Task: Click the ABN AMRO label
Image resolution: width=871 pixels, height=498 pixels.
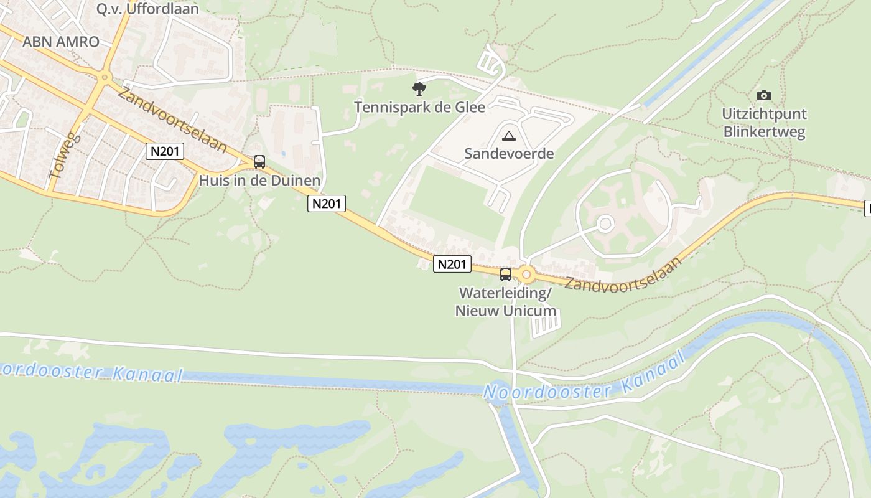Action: tap(61, 42)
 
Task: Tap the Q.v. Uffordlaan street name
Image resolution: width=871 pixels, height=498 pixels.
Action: tap(148, 9)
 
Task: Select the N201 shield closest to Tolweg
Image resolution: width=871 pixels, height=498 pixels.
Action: tap(165, 151)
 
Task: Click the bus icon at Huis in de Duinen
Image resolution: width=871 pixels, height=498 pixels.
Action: tap(259, 162)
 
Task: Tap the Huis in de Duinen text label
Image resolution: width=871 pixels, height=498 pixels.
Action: tap(259, 181)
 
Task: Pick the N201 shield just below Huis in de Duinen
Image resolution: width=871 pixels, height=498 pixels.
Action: tap(326, 203)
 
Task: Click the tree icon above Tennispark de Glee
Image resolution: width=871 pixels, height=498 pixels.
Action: tap(419, 89)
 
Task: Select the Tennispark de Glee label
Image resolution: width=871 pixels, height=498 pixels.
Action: tap(419, 107)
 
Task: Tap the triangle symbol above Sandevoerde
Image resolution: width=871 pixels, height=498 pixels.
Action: tap(509, 136)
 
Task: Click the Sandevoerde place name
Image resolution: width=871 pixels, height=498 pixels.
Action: tap(509, 154)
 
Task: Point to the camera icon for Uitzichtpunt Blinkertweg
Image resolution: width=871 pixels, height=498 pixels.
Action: tap(764, 96)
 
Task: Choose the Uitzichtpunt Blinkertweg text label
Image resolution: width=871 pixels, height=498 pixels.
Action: tap(764, 123)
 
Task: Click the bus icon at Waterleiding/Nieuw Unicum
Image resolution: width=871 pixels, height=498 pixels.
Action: tap(506, 274)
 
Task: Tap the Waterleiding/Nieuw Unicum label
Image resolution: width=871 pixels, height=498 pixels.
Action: tap(505, 301)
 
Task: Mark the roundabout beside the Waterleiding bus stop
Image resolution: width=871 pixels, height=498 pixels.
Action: tap(527, 274)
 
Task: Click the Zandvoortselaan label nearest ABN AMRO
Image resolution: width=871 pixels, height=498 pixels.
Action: tap(172, 120)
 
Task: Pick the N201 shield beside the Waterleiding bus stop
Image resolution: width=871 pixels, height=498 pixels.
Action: tap(452, 264)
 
